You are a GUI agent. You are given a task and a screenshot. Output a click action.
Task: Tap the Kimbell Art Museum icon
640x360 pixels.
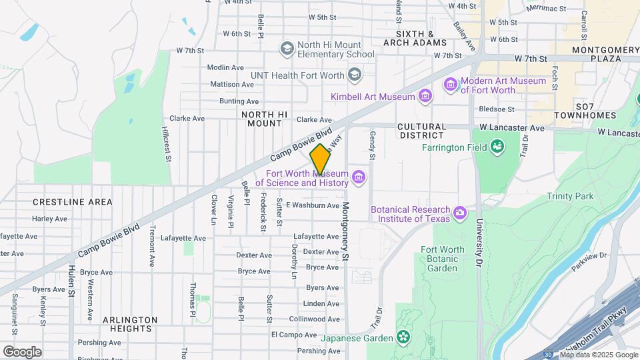425,97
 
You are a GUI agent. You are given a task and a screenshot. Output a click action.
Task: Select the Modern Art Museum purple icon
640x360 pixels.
451,85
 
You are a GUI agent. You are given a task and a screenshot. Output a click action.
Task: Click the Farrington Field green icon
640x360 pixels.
497,146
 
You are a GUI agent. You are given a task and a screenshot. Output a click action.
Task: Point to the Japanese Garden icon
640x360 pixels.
402,337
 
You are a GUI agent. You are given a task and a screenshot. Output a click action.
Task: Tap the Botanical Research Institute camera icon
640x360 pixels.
459,213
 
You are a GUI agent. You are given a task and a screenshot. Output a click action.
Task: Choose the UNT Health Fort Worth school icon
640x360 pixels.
354,75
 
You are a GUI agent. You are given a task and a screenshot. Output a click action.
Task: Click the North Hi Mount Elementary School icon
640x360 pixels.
287,48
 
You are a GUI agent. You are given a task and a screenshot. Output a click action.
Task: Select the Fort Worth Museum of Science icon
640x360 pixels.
359,177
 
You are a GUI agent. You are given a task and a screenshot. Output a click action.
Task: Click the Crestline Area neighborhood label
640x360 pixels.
63,201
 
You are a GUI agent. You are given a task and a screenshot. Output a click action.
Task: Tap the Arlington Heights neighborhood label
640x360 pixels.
131,324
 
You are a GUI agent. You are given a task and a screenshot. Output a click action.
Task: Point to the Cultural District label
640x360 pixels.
421,130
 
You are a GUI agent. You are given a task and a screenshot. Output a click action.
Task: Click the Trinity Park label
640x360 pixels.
569,196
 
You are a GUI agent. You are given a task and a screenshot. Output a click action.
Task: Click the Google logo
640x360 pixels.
22,351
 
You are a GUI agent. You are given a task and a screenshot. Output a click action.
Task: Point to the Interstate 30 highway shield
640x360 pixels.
547,354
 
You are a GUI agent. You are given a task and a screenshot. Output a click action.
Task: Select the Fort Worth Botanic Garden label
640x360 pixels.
439,259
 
